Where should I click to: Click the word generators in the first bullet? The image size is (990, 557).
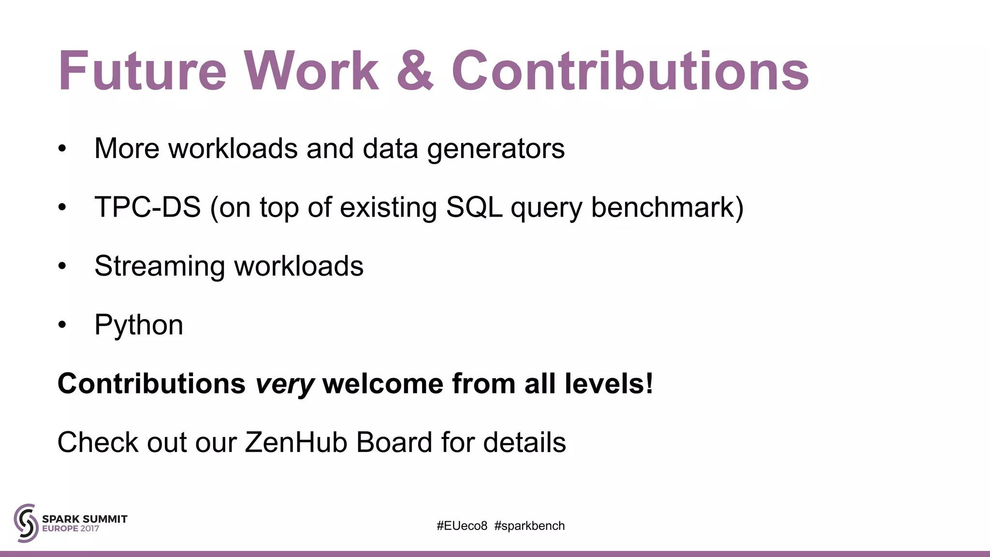tap(495, 149)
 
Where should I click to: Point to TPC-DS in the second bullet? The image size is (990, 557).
tap(147, 207)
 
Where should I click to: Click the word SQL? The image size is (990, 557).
tap(474, 207)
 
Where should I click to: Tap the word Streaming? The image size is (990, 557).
tap(160, 267)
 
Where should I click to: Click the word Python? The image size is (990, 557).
tap(139, 325)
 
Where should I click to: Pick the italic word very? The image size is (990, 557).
tap(285, 384)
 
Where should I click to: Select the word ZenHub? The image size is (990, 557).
tap(296, 442)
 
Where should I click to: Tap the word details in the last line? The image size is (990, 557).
tap(524, 442)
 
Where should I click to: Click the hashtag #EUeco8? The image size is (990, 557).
tap(462, 526)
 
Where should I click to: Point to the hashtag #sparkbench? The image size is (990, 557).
tap(529, 526)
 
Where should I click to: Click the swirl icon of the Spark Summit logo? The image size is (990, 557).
tap(26, 523)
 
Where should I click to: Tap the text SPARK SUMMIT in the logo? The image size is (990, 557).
tap(85, 519)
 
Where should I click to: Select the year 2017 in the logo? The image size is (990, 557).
tap(89, 528)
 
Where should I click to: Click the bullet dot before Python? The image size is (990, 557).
tap(62, 325)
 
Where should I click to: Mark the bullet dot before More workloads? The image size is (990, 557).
tap(62, 149)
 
